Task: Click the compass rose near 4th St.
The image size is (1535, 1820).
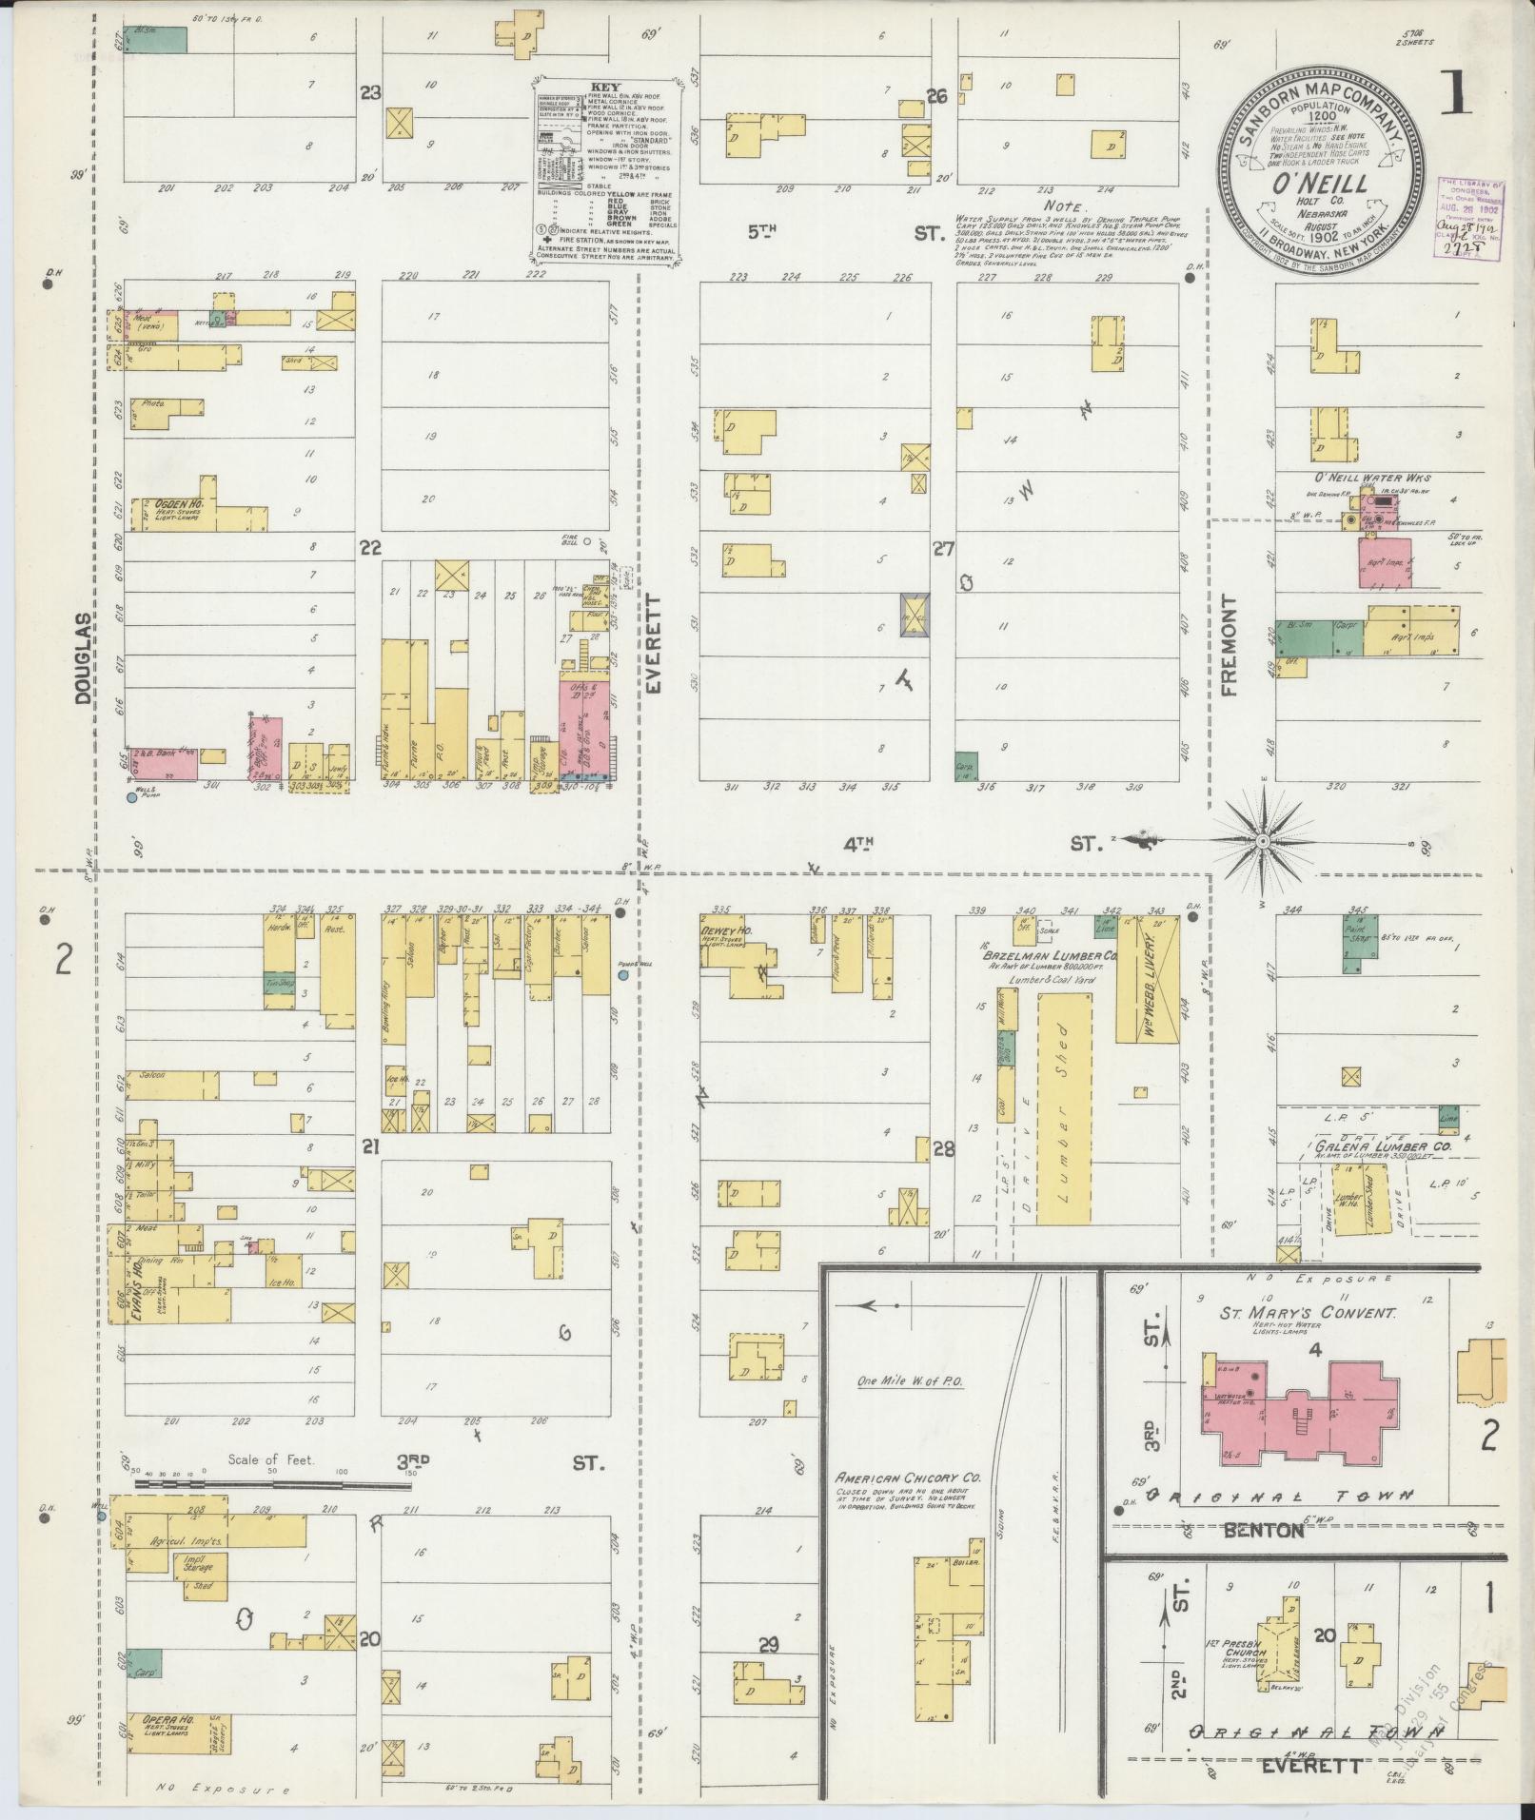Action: pos(1262,841)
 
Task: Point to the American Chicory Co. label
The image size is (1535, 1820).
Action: pos(908,1425)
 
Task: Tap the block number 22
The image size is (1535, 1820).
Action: pos(369,547)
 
